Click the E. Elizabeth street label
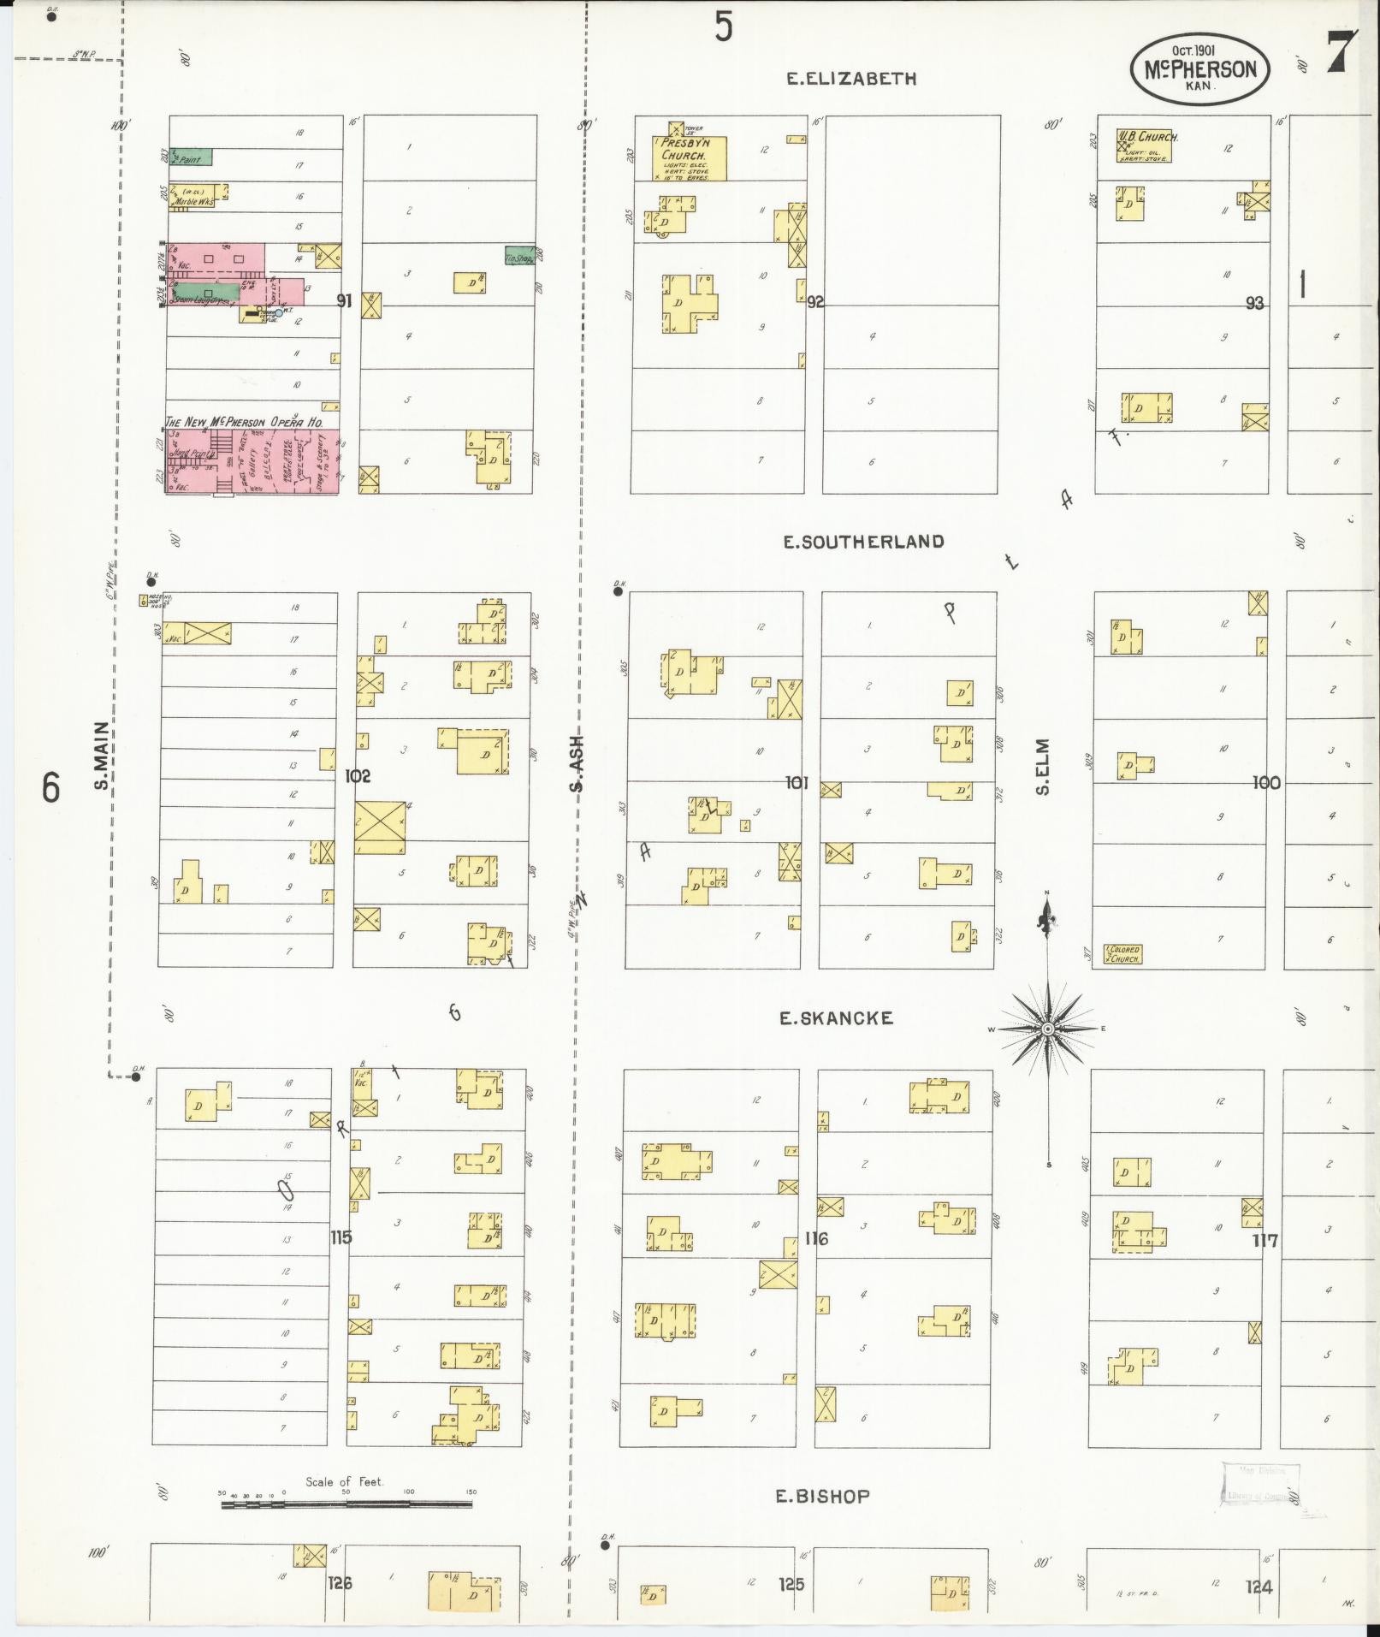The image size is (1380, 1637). click(851, 79)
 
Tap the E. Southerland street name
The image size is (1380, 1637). click(864, 542)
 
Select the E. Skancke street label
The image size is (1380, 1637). click(836, 1017)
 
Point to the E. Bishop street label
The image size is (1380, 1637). click(822, 1496)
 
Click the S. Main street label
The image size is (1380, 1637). click(102, 756)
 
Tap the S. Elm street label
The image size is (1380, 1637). click(1042, 767)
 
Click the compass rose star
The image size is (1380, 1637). click(1047, 1029)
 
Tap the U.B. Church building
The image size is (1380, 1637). click(1143, 146)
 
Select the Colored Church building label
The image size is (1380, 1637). click(1122, 954)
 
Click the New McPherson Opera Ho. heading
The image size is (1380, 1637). click(251, 422)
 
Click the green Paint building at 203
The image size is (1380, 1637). click(192, 157)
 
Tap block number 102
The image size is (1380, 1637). click(357, 776)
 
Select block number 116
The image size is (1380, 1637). click(816, 1237)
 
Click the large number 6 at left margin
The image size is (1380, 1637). click(51, 787)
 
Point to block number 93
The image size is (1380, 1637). click(1254, 303)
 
